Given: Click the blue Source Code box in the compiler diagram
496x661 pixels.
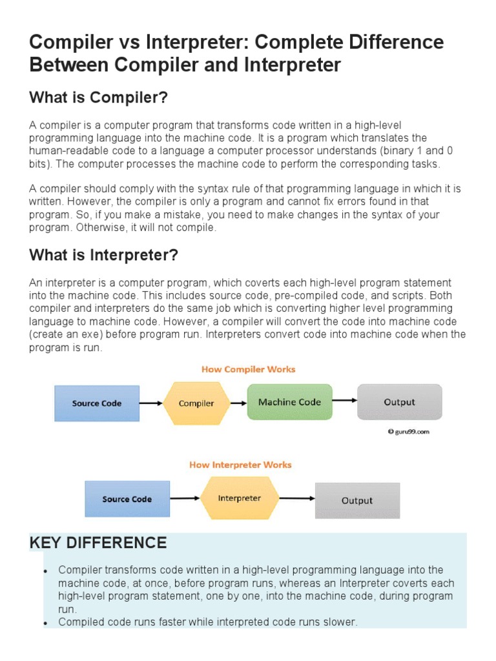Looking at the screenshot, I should tap(96, 403).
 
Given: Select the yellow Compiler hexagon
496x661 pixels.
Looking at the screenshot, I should tap(196, 403).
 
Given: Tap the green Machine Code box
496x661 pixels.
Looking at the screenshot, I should tap(289, 402).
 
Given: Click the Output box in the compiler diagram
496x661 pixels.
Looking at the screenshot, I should tap(399, 402).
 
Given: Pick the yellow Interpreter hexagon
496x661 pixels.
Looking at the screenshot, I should tap(239, 498).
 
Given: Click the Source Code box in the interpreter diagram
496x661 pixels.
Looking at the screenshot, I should tap(127, 499).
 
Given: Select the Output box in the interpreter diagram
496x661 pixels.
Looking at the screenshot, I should tap(357, 500).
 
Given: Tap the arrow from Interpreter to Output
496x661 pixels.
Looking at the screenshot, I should tap(296, 498).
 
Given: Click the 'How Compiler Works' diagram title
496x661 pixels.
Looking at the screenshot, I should tap(248, 369).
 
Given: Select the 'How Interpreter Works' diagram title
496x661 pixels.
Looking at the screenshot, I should tap(240, 465).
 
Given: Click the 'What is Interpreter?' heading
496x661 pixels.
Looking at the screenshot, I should tap(103, 255).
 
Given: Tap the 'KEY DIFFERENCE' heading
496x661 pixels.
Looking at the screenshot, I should tap(98, 543).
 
